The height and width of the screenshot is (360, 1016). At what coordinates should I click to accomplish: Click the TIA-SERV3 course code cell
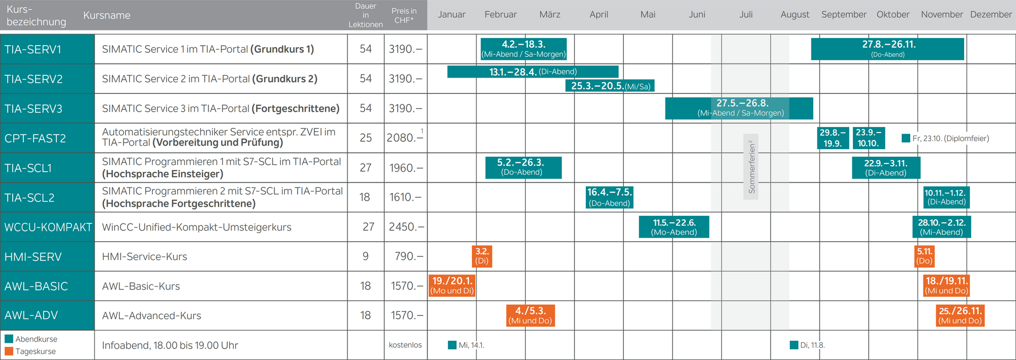pos(47,109)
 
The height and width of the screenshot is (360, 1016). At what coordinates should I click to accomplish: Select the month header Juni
pos(697,15)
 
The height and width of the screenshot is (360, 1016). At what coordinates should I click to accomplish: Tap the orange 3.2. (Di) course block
pos(482,256)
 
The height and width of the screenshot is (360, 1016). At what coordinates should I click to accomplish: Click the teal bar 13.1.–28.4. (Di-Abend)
pos(532,72)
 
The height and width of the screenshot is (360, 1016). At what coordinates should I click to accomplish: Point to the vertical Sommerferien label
pos(751,167)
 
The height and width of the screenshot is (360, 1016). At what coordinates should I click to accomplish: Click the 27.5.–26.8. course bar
pos(739,108)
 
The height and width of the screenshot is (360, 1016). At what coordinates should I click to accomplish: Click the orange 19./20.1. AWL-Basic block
pos(452,285)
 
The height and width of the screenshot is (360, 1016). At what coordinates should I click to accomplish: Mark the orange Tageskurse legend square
pos(9,351)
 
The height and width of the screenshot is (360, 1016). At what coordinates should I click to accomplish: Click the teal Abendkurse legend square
pos(9,339)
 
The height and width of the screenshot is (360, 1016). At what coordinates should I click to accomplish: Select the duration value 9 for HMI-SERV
pos(365,256)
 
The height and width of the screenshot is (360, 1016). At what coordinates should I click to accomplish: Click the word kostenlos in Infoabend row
pos(405,345)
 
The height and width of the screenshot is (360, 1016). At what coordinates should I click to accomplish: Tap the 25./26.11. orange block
pos(960,315)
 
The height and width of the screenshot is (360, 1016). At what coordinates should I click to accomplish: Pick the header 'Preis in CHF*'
pos(404,15)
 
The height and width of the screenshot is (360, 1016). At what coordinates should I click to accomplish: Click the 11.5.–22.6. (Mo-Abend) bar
pos(674,227)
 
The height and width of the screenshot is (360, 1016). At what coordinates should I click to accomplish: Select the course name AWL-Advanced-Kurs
pos(151,316)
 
